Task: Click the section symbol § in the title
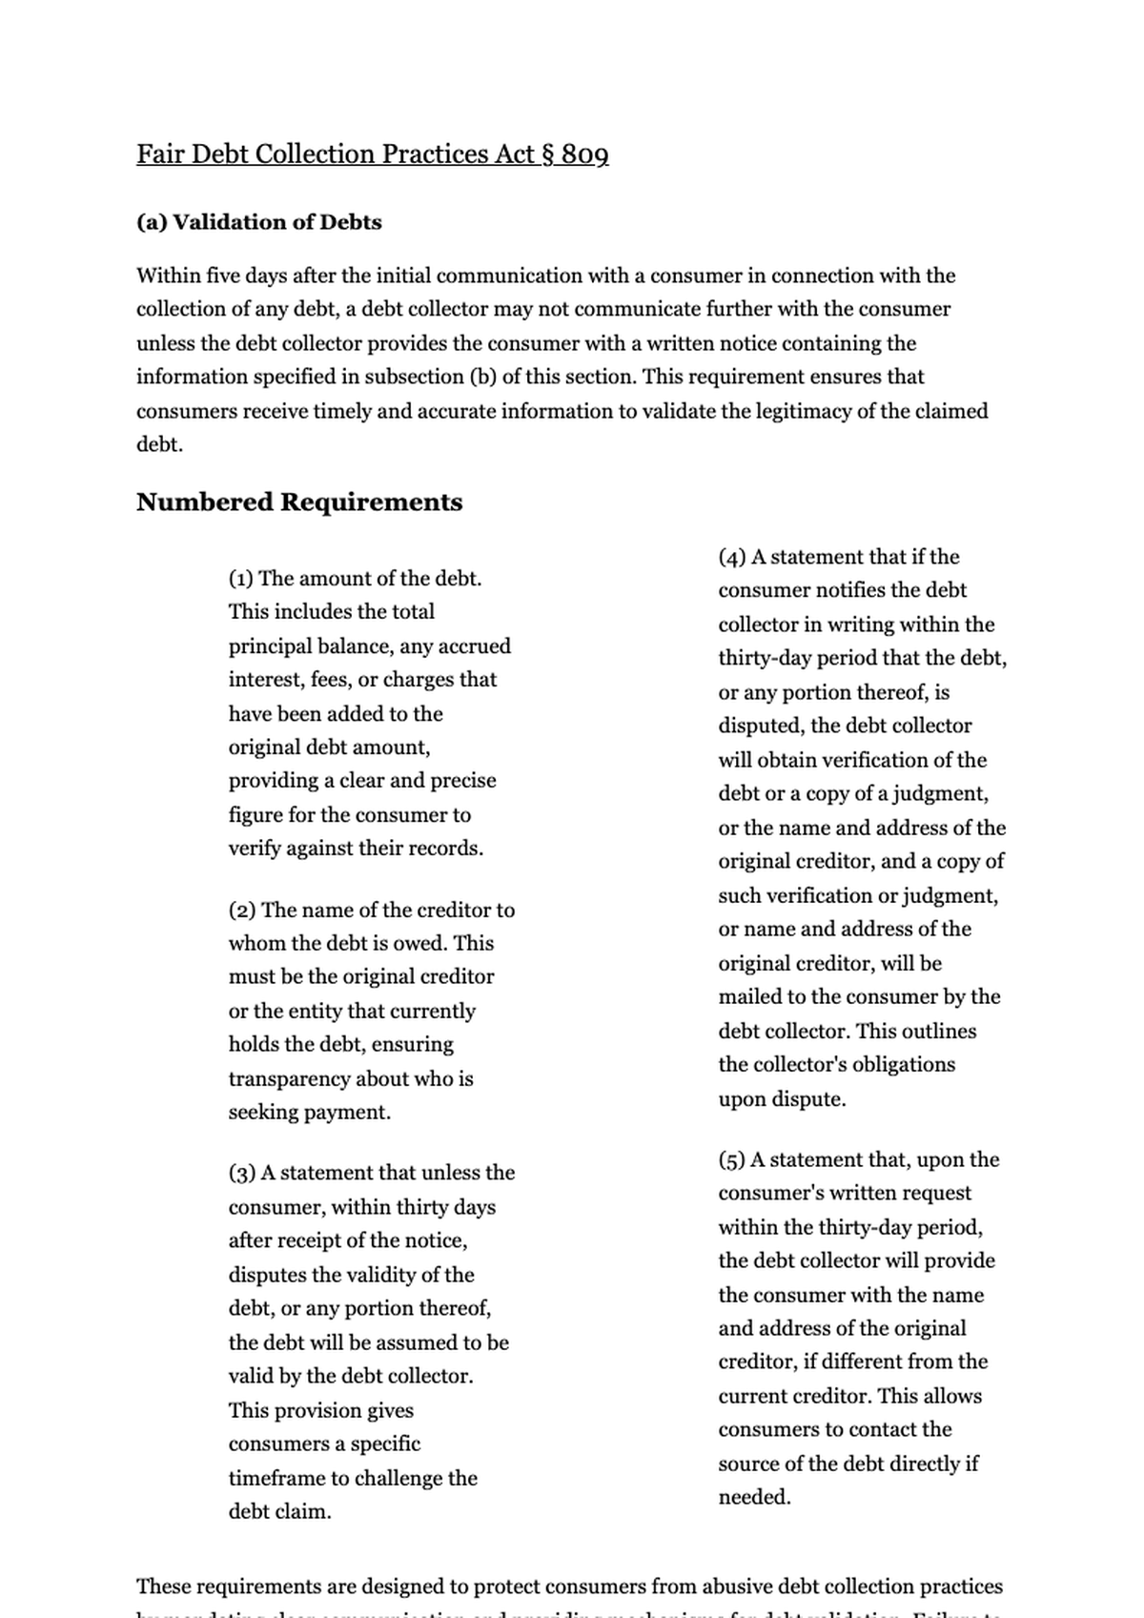[547, 154]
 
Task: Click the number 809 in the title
[584, 154]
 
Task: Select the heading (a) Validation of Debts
[258, 222]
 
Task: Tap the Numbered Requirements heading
[298, 502]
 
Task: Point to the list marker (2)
[241, 911]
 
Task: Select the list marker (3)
[241, 1173]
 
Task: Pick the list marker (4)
[731, 557]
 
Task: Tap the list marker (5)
[731, 1160]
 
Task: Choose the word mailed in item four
[749, 996]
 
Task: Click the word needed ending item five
[754, 1497]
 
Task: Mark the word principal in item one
[271, 646]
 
